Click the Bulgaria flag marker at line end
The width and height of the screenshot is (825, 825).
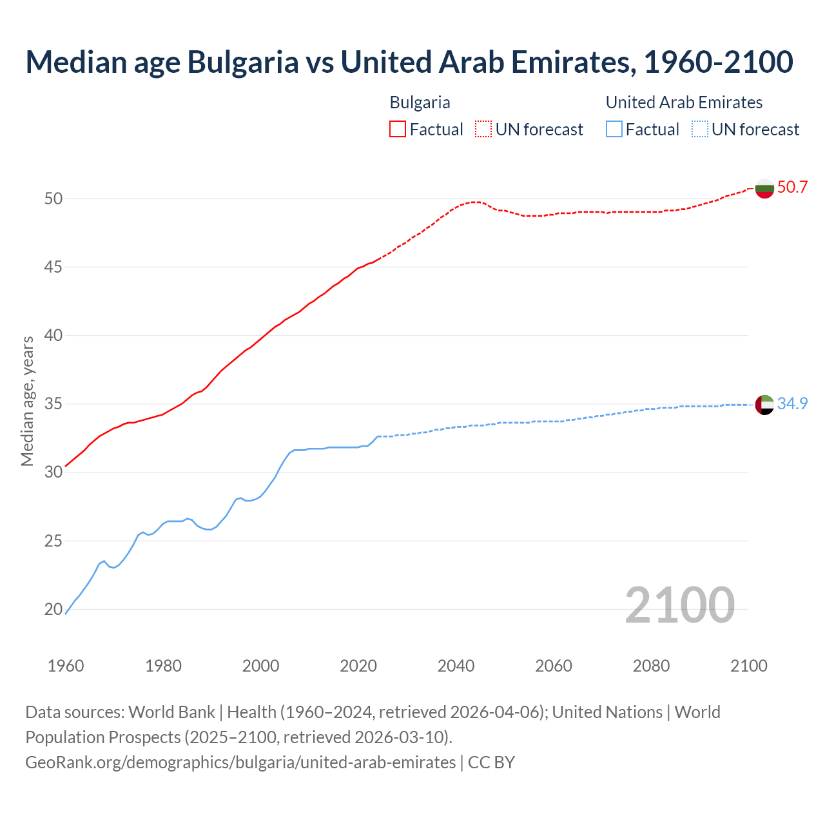click(x=764, y=188)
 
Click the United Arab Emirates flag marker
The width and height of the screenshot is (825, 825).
click(x=764, y=405)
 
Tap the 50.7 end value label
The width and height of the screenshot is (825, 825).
click(x=792, y=188)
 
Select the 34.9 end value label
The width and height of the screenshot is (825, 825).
click(x=792, y=403)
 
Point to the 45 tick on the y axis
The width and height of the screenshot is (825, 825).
click(x=53, y=267)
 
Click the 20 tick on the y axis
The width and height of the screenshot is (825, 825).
click(x=53, y=609)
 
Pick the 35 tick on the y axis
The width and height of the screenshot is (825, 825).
click(x=53, y=404)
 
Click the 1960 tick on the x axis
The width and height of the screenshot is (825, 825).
click(x=66, y=666)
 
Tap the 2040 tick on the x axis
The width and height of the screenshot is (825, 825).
click(x=456, y=666)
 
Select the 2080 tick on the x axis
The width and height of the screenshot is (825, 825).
click(x=651, y=666)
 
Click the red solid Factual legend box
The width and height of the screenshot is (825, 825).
click(x=398, y=130)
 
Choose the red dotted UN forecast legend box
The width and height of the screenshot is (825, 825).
click(x=483, y=130)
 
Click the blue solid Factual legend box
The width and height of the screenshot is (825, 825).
click(x=614, y=130)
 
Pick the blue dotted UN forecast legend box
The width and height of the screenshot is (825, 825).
click(x=699, y=130)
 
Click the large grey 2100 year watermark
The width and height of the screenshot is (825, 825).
click(x=679, y=605)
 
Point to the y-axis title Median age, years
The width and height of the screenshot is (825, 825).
click(x=27, y=401)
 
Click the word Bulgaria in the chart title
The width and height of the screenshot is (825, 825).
click(x=243, y=62)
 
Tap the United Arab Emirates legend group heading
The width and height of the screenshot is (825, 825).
click(x=684, y=102)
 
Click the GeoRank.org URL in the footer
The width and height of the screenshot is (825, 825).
click(x=240, y=762)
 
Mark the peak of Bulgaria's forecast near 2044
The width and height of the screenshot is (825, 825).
click(x=476, y=202)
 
